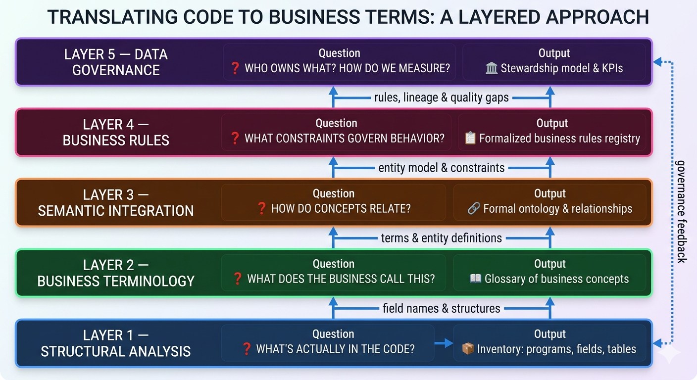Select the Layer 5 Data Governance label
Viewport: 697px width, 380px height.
click(116, 62)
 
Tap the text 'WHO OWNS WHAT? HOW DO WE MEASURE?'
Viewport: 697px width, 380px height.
click(347, 68)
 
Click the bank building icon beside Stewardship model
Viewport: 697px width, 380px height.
click(492, 68)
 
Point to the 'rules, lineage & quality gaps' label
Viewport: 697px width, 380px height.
click(441, 97)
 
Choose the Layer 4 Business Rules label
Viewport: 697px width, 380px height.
click(116, 132)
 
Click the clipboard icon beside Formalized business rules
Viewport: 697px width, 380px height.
click(470, 139)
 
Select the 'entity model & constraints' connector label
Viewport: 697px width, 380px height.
click(441, 168)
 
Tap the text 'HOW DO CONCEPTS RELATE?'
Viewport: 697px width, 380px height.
click(341, 209)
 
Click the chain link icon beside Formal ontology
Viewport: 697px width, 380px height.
click(474, 209)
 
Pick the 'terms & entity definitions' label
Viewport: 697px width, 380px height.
click(441, 238)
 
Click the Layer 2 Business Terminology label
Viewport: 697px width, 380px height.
click(116, 273)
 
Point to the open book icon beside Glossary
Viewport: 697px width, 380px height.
click(475, 279)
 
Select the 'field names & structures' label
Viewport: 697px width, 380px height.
click(441, 308)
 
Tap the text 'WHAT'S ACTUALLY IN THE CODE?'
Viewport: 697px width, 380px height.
click(335, 349)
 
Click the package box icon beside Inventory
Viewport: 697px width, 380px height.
click(468, 349)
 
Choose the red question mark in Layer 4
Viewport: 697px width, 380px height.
click(235, 139)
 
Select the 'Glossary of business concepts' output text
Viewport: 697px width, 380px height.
click(556, 279)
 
